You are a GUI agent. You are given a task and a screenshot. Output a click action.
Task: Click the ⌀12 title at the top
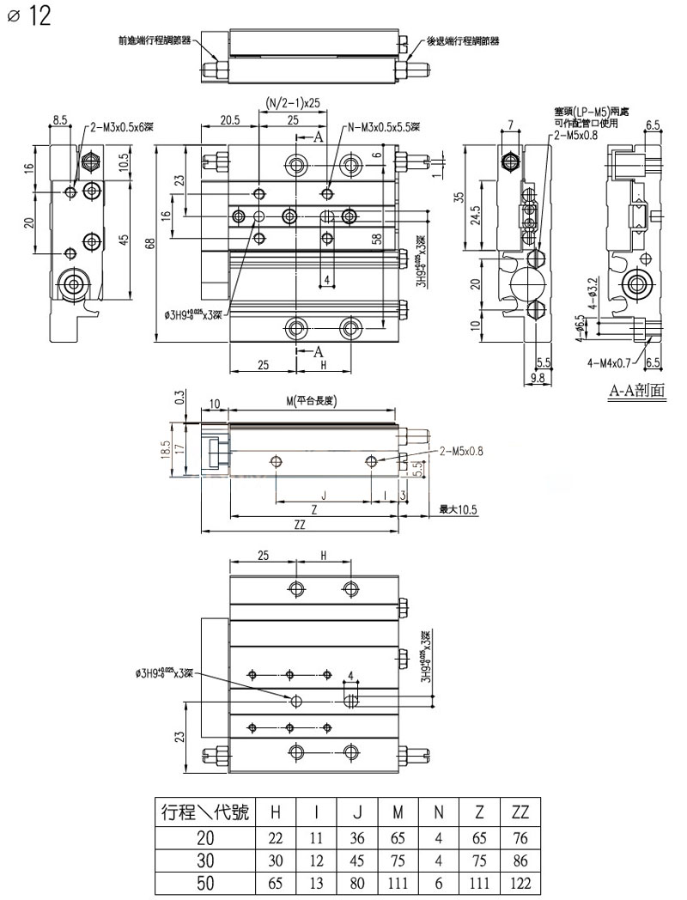point(29,17)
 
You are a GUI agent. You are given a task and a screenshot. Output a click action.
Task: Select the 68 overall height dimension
point(149,244)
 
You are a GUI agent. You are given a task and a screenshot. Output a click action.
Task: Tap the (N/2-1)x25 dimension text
point(292,100)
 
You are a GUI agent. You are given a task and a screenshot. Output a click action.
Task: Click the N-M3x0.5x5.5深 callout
point(383,127)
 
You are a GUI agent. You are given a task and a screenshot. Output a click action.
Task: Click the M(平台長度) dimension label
point(315,402)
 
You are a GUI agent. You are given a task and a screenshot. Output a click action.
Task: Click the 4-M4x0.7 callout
point(612,362)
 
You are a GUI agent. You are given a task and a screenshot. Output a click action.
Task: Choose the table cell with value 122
point(520,882)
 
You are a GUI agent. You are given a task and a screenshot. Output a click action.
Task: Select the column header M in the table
point(398,812)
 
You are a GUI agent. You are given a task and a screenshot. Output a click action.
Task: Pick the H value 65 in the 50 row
point(277,882)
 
